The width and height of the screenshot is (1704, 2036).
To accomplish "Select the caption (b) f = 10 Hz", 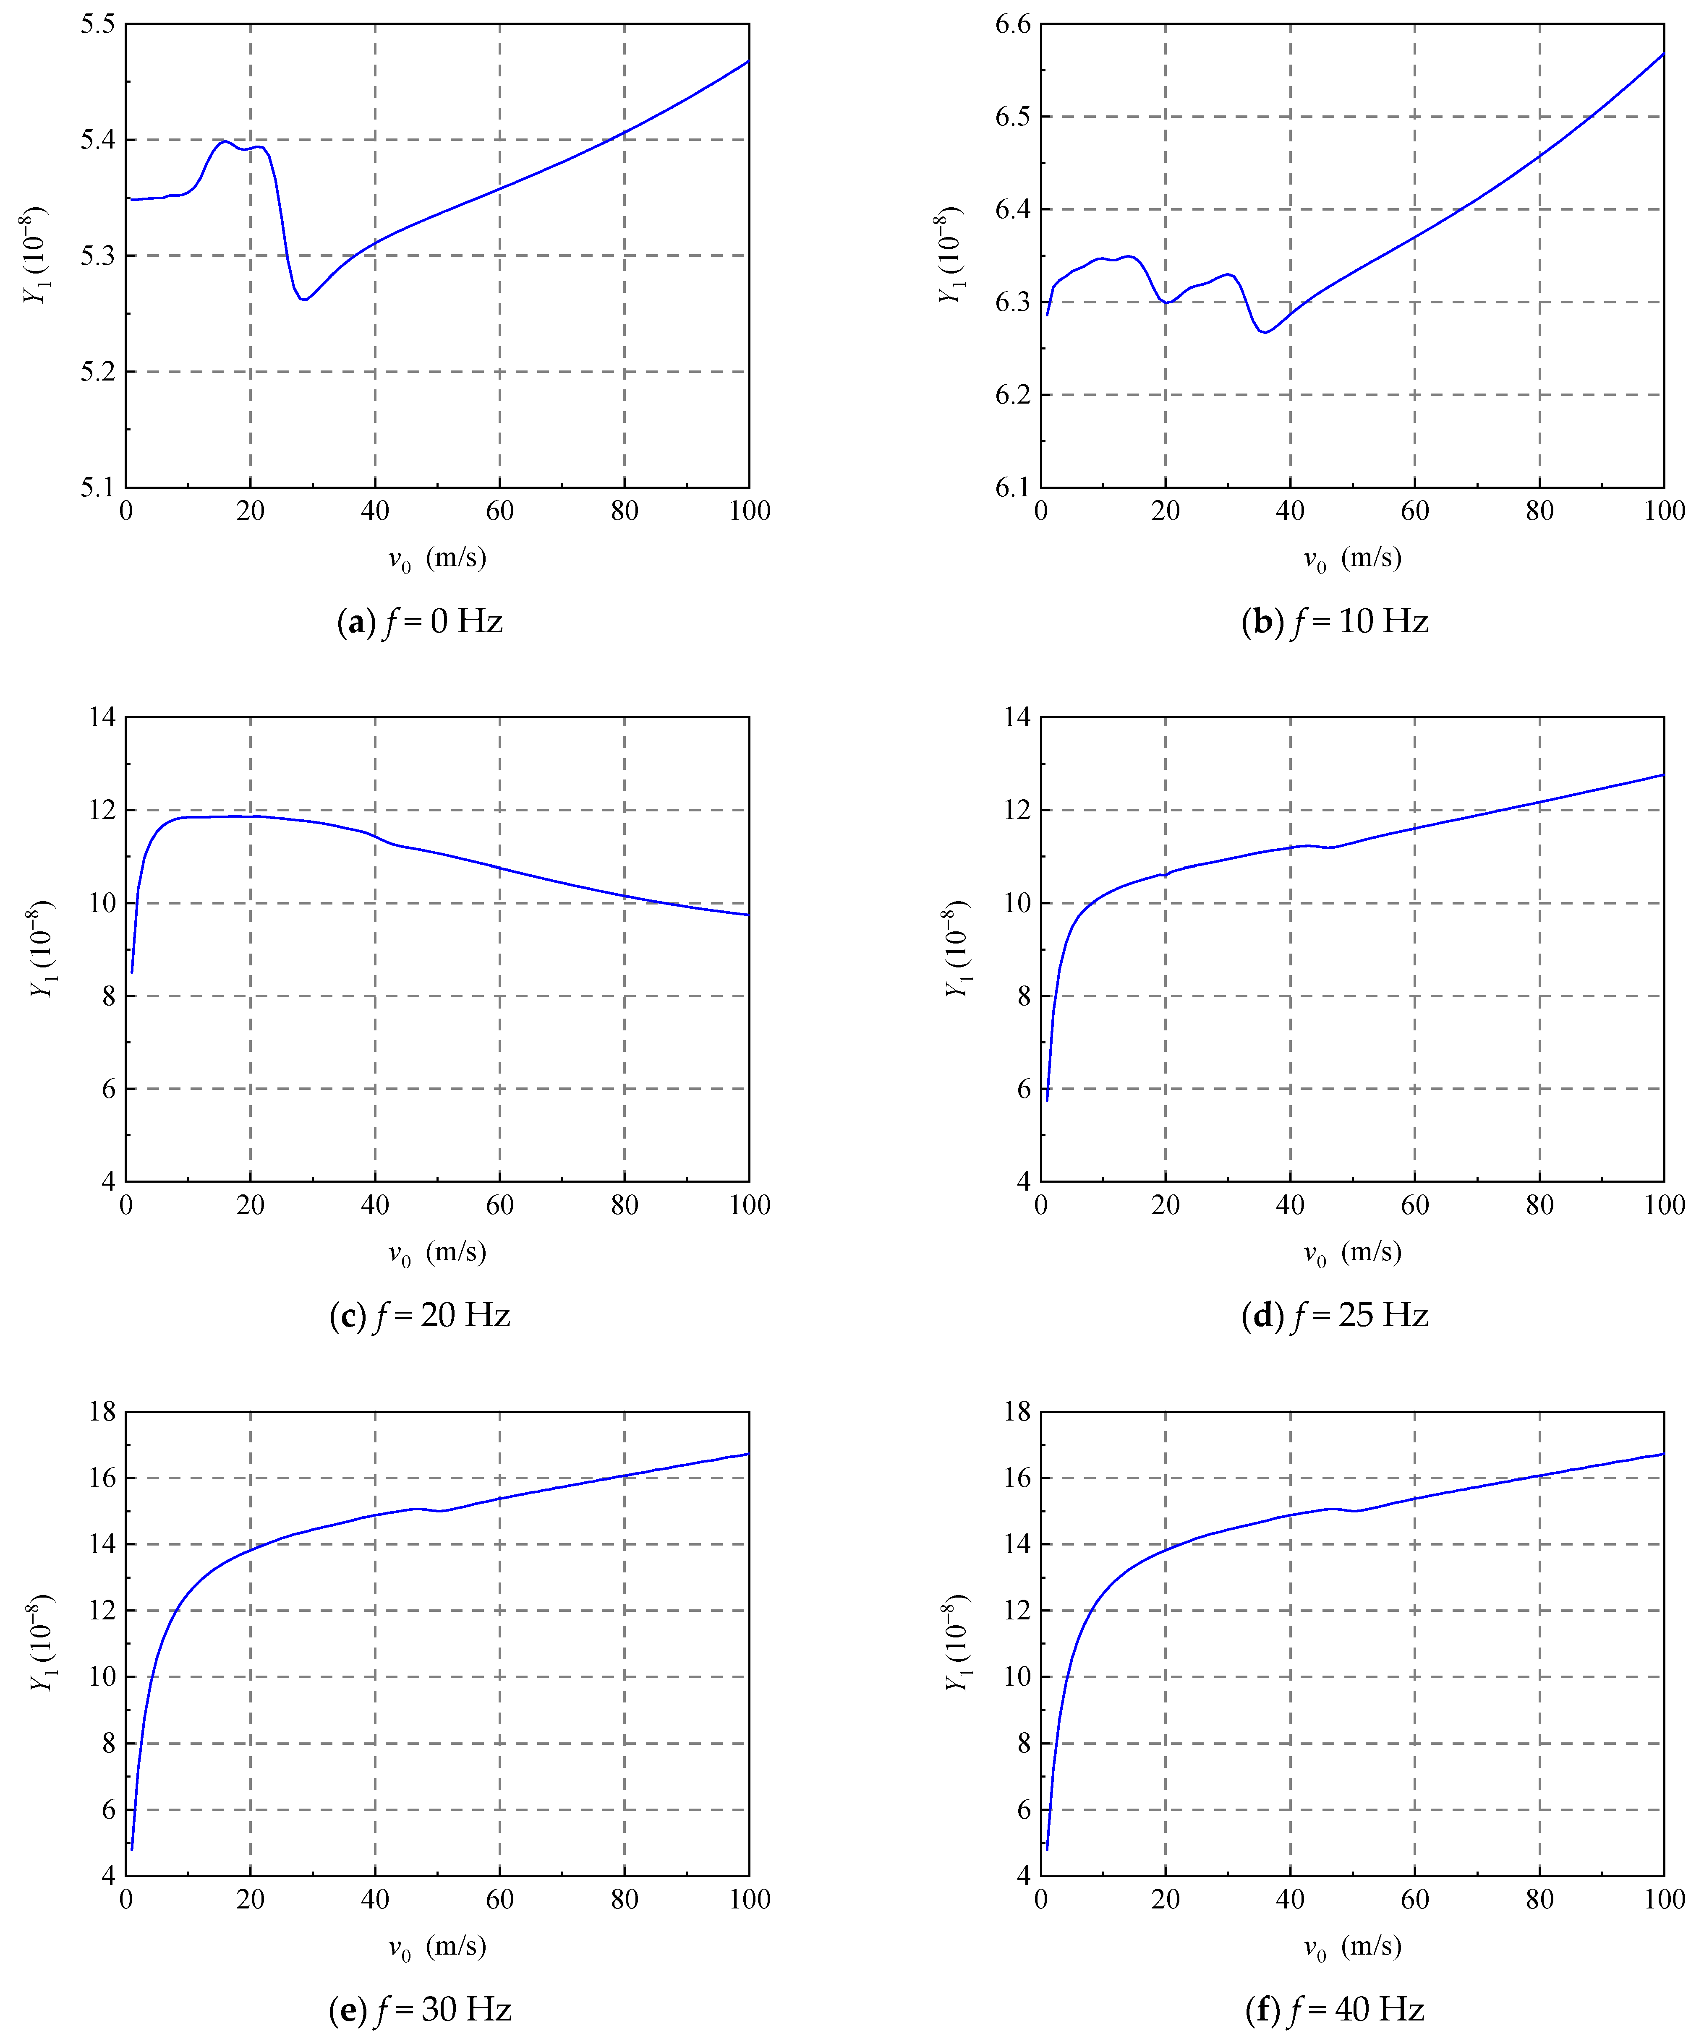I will pos(1335,621).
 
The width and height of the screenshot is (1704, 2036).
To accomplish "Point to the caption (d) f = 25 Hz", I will pos(1335,1316).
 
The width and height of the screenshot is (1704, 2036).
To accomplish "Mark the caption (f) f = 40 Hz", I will pos(1335,2010).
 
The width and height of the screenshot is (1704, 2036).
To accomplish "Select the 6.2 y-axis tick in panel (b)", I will pos(1012,395).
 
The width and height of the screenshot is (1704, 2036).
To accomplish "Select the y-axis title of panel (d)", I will pos(957,949).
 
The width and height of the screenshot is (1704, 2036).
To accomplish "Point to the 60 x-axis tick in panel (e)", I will pos(499,1899).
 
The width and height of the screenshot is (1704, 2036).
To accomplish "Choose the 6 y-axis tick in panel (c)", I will pos(107,1089).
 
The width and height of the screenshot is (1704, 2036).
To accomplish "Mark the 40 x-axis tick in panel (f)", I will pos(1290,1899).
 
